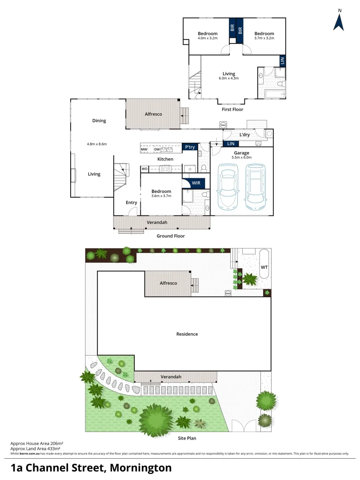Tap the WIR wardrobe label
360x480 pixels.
tap(196, 183)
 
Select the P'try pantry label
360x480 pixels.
tap(190, 147)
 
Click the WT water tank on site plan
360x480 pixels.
tap(264, 267)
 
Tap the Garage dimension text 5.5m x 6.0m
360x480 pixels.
tap(242, 157)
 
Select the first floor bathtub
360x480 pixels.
tap(274, 94)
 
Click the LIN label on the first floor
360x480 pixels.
tap(282, 60)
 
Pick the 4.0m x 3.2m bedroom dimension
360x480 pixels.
tap(208, 38)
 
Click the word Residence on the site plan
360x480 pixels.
tap(187, 334)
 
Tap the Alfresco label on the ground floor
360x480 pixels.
tap(153, 114)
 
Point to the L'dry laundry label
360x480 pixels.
tap(244, 135)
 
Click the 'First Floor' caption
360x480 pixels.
tap(232, 109)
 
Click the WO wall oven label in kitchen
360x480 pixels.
tap(144, 169)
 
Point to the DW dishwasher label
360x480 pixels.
tap(157, 149)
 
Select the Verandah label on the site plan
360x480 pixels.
tap(171, 377)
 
